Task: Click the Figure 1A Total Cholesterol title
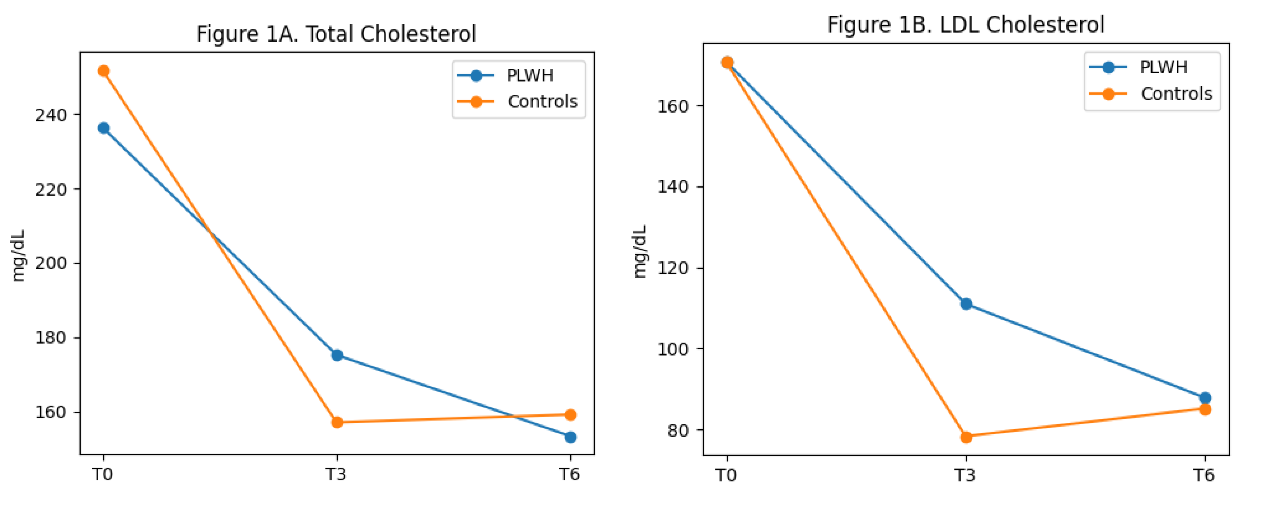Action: (x=336, y=34)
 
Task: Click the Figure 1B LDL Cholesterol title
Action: (x=966, y=25)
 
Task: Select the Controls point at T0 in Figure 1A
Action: (x=103, y=71)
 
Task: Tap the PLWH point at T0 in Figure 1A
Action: (x=103, y=128)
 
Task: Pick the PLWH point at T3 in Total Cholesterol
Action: (x=337, y=355)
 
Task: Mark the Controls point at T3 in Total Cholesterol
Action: (x=337, y=422)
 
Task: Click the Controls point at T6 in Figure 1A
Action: (x=570, y=415)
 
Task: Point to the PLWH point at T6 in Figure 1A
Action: (x=570, y=437)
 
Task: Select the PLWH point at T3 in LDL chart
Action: (x=966, y=304)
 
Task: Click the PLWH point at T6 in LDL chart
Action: (x=1205, y=398)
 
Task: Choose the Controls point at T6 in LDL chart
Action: (x=1205, y=410)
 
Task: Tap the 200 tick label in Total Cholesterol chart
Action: (x=51, y=263)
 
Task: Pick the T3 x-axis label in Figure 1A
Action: (x=336, y=475)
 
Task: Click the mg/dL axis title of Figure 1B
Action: (x=639, y=252)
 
